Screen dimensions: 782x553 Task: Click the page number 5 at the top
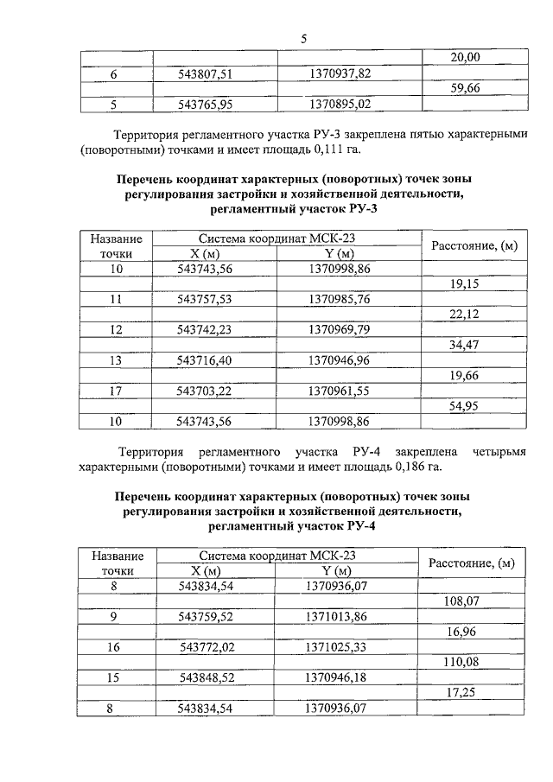(x=303, y=38)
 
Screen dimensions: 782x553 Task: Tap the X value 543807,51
(x=205, y=74)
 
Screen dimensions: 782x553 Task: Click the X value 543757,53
(x=205, y=300)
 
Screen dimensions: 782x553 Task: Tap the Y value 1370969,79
(x=340, y=330)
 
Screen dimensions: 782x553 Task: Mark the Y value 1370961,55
(x=340, y=391)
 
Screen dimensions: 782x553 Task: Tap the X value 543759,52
(x=205, y=616)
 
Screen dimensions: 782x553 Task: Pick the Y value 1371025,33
(x=340, y=647)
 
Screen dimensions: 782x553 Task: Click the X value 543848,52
(x=205, y=677)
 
